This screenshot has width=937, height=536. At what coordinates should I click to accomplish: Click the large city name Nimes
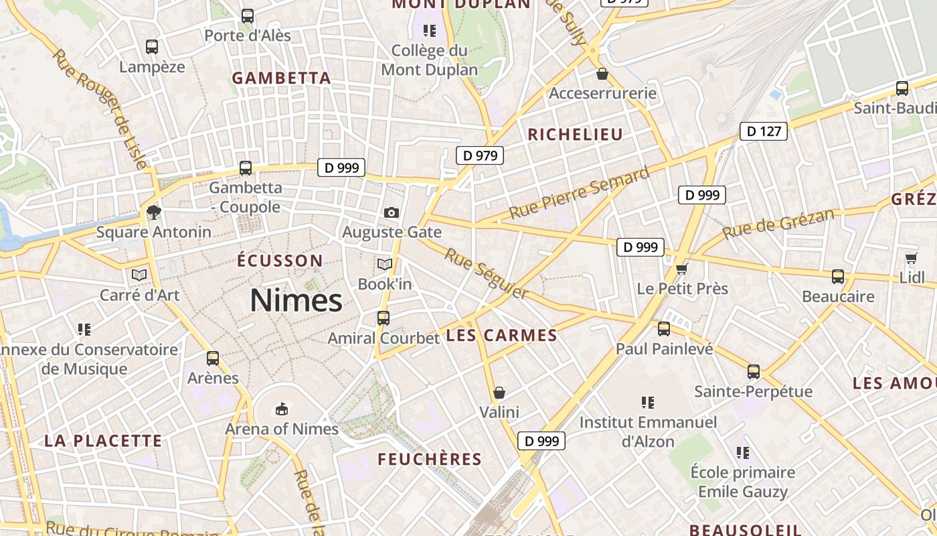pyautogui.click(x=296, y=301)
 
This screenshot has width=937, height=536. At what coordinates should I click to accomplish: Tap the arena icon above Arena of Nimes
pyautogui.click(x=282, y=409)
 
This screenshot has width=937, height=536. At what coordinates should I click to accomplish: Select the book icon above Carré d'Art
pyautogui.click(x=139, y=275)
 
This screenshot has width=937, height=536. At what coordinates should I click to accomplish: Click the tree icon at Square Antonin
pyautogui.click(x=154, y=212)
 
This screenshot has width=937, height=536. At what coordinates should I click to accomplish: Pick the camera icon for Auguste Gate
pyautogui.click(x=392, y=212)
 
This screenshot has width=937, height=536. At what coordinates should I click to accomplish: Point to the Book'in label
pyautogui.click(x=385, y=284)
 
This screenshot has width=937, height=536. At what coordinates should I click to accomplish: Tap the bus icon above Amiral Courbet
pyautogui.click(x=384, y=318)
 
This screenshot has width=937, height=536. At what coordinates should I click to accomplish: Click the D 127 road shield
pyautogui.click(x=764, y=131)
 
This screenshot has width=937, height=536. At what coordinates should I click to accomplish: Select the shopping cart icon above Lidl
pyautogui.click(x=911, y=258)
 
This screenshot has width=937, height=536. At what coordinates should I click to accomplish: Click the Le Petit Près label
pyautogui.click(x=682, y=289)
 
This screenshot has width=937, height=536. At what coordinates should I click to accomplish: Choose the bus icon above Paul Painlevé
pyautogui.click(x=664, y=329)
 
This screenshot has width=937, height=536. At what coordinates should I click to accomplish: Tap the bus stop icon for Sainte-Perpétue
pyautogui.click(x=754, y=372)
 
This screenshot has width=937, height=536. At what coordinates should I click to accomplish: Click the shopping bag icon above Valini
pyautogui.click(x=499, y=392)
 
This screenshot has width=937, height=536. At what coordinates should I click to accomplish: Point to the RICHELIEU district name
pyautogui.click(x=575, y=135)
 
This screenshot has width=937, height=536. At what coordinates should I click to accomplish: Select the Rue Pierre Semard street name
pyautogui.click(x=580, y=193)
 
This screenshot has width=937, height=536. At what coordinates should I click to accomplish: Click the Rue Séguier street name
pyautogui.click(x=487, y=274)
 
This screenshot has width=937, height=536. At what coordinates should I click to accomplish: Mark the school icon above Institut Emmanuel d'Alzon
pyautogui.click(x=647, y=403)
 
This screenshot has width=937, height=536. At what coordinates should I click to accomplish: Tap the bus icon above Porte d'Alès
pyautogui.click(x=248, y=15)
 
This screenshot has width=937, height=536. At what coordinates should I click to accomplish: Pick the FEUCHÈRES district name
pyautogui.click(x=430, y=460)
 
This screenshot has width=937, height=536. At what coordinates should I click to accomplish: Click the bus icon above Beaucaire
pyautogui.click(x=838, y=277)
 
